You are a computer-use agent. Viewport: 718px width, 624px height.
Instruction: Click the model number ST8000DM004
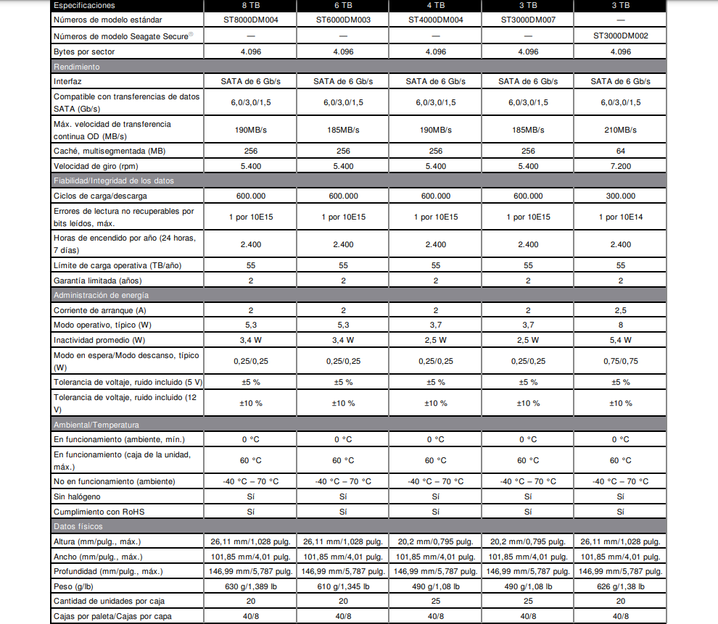[x=250, y=20]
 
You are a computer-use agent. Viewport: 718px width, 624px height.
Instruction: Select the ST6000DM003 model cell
[x=343, y=20]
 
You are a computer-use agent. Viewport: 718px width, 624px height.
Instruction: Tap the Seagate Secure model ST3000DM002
[x=620, y=35]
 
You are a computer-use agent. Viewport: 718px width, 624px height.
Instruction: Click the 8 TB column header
[x=250, y=5]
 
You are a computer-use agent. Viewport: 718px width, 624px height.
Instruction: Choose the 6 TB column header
[x=343, y=5]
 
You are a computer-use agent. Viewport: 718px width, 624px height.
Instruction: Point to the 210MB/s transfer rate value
[x=620, y=130]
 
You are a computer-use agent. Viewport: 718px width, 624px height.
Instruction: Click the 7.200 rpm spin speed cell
[x=620, y=166]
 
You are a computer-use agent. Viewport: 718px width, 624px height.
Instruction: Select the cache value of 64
[x=620, y=151]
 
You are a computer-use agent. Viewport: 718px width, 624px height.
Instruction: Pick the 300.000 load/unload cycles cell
[x=620, y=196]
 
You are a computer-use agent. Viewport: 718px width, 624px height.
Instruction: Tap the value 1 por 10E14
[x=620, y=217]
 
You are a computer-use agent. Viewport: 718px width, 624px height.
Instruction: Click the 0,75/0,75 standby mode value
[x=620, y=361]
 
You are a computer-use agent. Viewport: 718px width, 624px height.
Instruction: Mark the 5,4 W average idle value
[x=620, y=340]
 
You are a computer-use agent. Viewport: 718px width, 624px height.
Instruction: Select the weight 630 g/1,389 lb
[x=250, y=586]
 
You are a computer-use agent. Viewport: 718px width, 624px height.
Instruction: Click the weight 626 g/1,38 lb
[x=620, y=586]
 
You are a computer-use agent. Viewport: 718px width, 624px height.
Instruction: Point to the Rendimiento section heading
[x=77, y=67]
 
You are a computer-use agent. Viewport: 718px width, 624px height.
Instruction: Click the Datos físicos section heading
[x=78, y=526]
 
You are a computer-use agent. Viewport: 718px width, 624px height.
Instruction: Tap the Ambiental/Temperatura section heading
[x=96, y=425]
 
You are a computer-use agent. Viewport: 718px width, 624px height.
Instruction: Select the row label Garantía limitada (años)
[x=98, y=280]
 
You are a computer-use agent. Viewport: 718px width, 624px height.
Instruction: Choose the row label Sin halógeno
[x=77, y=496]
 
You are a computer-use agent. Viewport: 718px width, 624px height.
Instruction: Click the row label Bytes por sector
[x=84, y=52]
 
